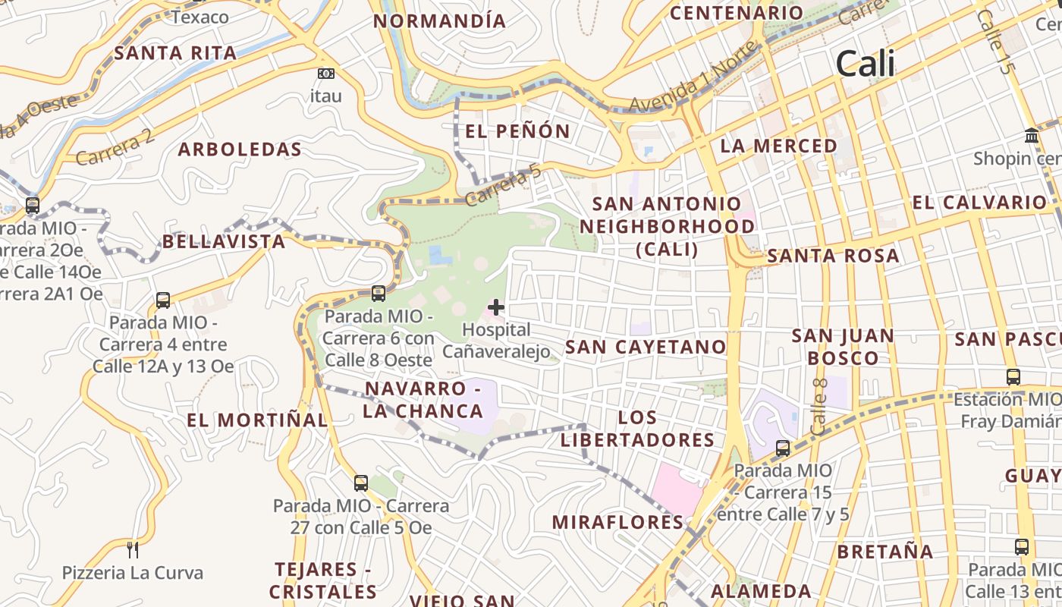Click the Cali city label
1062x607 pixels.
click(x=865, y=64)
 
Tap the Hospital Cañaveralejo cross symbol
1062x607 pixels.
click(x=495, y=307)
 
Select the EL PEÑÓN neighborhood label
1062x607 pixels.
click(x=517, y=131)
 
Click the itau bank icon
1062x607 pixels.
click(x=325, y=74)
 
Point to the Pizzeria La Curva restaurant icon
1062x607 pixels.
click(x=133, y=549)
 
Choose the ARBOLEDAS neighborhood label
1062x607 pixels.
click(x=240, y=149)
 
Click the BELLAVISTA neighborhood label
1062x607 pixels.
click(x=224, y=242)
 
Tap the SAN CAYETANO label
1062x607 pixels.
click(x=646, y=348)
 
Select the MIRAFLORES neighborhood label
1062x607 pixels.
click(x=617, y=522)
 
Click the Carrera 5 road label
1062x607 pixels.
click(x=504, y=187)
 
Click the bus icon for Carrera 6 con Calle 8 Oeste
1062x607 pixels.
click(x=378, y=294)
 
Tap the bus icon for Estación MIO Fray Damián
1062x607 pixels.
click(x=1013, y=377)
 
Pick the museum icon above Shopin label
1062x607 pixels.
click(x=1032, y=136)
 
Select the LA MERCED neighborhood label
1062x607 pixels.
click(x=778, y=146)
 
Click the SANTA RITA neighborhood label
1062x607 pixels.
click(x=175, y=53)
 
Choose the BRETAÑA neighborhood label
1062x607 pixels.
click(x=884, y=552)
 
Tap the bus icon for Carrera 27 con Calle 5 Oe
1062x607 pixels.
click(x=361, y=483)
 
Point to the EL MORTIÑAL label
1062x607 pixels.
click(x=257, y=420)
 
